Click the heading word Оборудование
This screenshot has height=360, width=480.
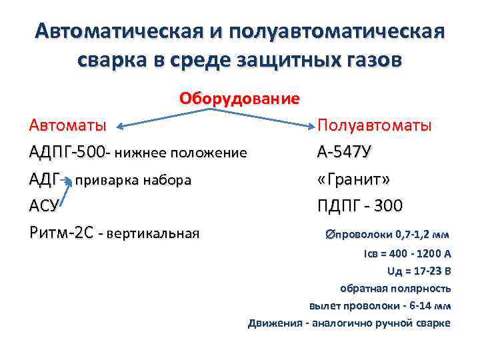tap(239, 99)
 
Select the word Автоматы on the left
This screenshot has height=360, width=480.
tap(67, 125)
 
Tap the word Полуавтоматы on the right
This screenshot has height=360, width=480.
tap(374, 125)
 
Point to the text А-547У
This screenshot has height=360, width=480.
tap(344, 153)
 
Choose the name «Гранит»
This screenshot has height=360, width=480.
tap(354, 179)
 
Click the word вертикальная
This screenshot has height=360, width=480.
tap(153, 234)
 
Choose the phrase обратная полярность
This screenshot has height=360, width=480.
tap(395, 289)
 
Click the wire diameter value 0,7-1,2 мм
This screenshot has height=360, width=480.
tap(423, 235)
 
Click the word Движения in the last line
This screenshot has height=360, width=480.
tap(274, 323)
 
